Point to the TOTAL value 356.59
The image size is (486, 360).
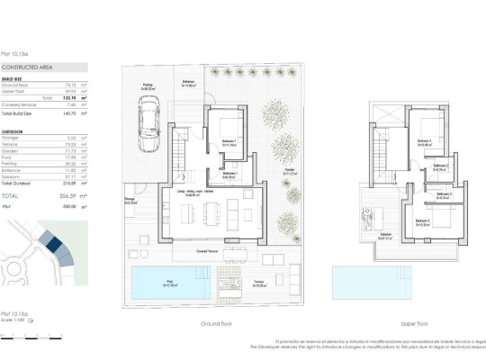point(65,194)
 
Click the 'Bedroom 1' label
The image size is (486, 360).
point(229,141)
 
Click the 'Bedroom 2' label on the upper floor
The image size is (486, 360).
point(422,140)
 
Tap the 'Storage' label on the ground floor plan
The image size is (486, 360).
point(130,201)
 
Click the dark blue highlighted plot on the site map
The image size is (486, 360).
point(51,242)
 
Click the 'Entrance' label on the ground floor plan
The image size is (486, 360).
point(189,83)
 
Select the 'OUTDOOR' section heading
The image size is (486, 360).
point(13,130)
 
